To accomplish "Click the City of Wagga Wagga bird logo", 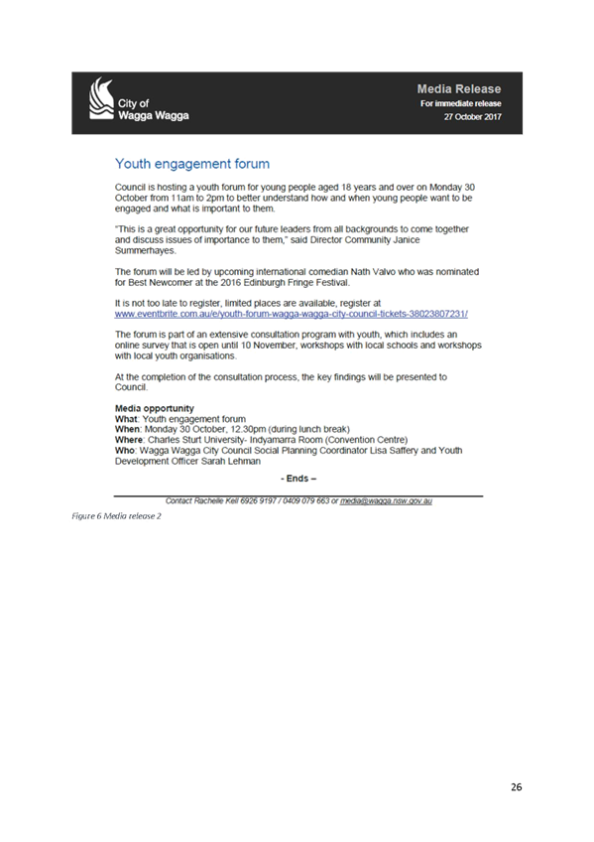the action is tap(101, 98).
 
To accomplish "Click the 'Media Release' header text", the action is tap(459, 89).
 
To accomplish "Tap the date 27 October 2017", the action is tap(472, 116).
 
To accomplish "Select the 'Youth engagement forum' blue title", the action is tap(192, 164).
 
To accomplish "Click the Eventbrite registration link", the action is tap(292, 314).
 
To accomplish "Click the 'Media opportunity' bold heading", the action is tap(155, 408).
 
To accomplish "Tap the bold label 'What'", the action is tap(127, 419).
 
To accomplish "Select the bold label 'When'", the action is tap(127, 429).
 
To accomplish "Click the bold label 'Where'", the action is tap(129, 440).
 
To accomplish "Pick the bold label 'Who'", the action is tap(124, 451).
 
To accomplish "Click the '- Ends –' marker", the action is tap(298, 479).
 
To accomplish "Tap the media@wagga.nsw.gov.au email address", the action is tap(386, 501).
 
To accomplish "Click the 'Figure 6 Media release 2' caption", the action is tap(116, 516).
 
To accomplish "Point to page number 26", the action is tap(517, 786).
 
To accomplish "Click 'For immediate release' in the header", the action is tap(460, 103).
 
